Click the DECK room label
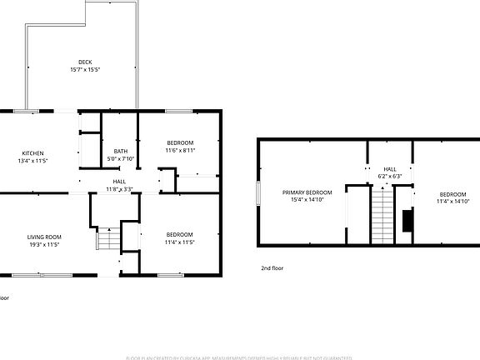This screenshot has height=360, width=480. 85,62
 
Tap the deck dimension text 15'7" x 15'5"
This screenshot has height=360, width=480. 85,69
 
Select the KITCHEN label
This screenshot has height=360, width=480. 32,152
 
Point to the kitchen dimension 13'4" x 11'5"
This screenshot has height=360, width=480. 32,160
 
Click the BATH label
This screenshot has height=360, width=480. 121,151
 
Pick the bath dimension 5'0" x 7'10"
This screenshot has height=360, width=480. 121,158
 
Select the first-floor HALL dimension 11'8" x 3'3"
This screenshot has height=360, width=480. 120,189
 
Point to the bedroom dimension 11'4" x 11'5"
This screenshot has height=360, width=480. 179,242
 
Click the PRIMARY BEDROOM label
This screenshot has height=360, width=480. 307,192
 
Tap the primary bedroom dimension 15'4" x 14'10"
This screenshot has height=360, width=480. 307,200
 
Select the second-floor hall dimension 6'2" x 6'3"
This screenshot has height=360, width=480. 390,176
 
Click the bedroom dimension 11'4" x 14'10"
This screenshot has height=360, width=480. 452,201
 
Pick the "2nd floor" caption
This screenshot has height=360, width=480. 272,268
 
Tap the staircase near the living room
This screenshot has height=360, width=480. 108,240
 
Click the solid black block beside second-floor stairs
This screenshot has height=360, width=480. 407,220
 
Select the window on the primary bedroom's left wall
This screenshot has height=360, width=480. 258,192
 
